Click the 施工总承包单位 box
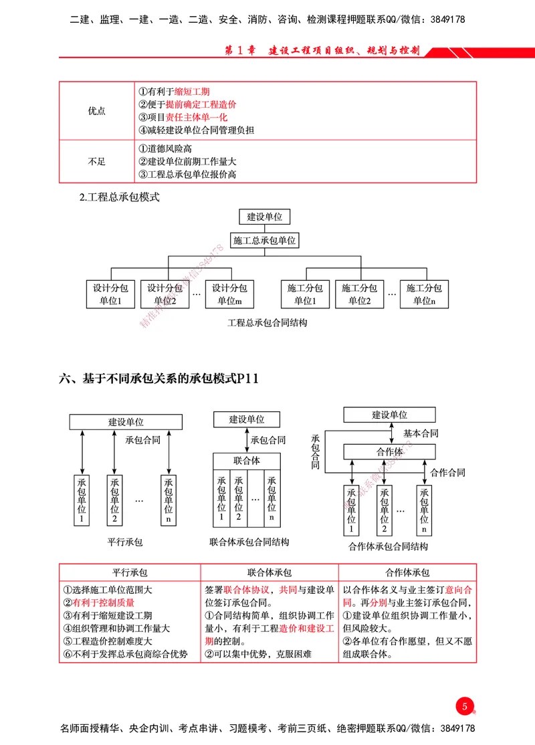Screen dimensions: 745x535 click(x=265, y=240)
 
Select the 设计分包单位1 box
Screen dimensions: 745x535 click(x=110, y=294)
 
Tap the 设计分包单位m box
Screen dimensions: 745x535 click(x=229, y=294)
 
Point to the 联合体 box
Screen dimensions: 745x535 click(x=247, y=461)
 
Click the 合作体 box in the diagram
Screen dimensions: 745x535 click(x=389, y=452)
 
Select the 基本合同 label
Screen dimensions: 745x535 click(x=421, y=433)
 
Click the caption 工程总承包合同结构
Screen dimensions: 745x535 click(x=267, y=322)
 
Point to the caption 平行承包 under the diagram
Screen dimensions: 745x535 click(x=125, y=542)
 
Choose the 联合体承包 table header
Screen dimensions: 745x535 click(x=269, y=573)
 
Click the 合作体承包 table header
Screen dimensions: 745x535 click(x=407, y=573)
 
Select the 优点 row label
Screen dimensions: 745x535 click(x=97, y=111)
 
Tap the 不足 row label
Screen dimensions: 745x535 click(x=97, y=161)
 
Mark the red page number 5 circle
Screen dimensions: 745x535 click(x=464, y=706)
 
